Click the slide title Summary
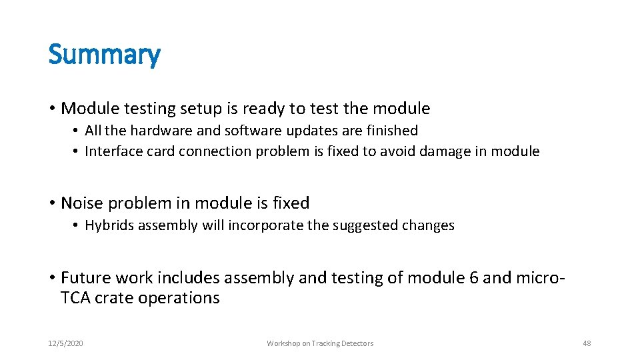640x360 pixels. point(104,55)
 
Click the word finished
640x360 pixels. point(393,131)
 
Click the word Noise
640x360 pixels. point(81,203)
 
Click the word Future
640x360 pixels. point(83,277)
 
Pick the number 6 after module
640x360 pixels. point(474,277)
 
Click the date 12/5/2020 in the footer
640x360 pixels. point(65,343)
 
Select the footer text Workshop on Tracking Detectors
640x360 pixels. point(320,343)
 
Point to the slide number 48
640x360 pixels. point(587,343)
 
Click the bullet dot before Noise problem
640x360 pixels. point(52,203)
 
